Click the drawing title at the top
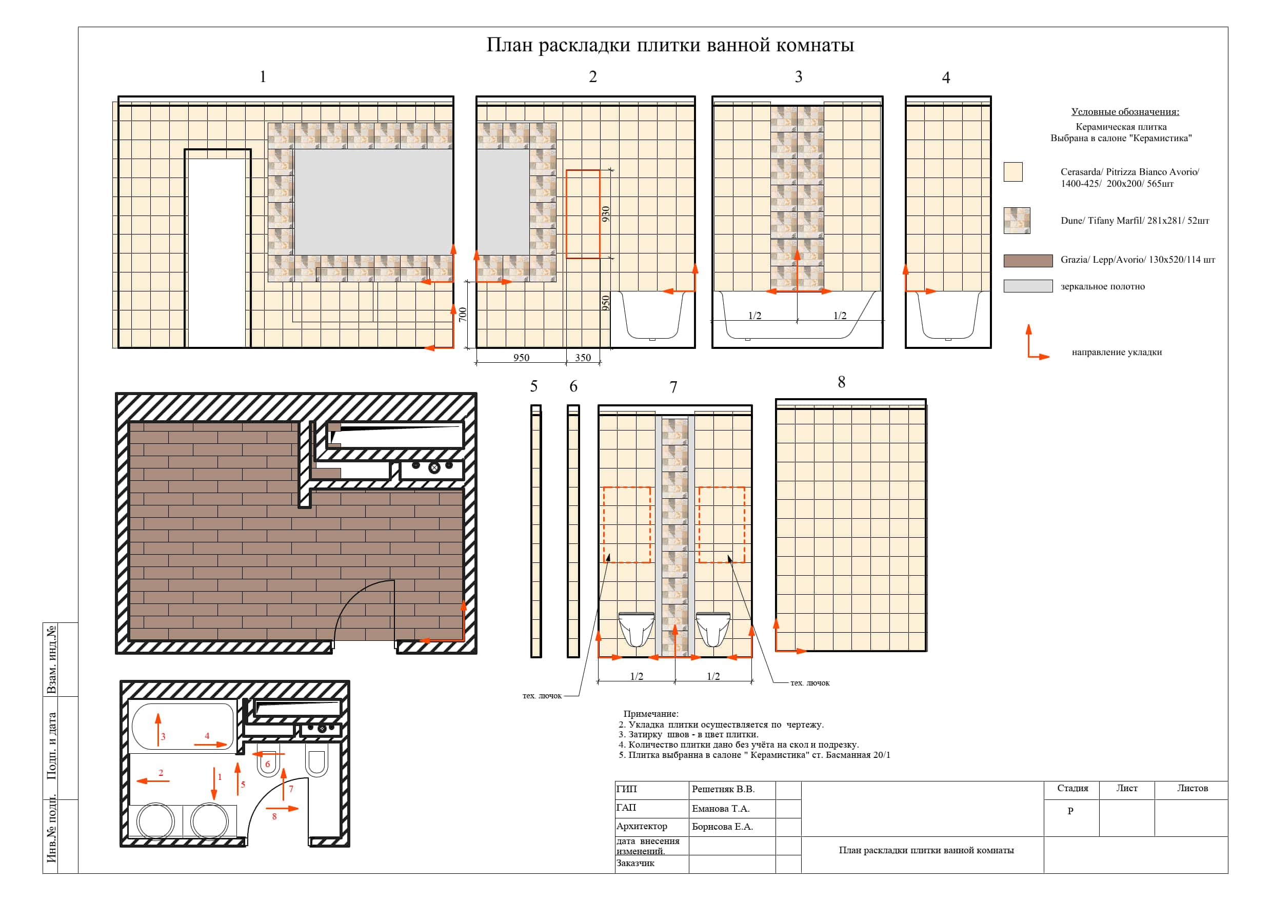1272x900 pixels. pyautogui.click(x=670, y=45)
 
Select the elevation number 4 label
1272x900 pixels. pyautogui.click(x=946, y=77)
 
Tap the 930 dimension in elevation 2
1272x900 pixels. pyautogui.click(x=606, y=214)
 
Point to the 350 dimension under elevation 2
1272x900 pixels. pyautogui.click(x=583, y=358)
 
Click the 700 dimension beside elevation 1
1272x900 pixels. pyautogui.click(x=463, y=314)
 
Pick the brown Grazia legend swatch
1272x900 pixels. pyautogui.click(x=1028, y=261)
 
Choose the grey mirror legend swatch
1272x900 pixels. pyautogui.click(x=1028, y=286)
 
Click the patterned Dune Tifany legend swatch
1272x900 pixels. pyautogui.click(x=1017, y=221)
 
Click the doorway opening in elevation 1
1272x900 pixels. pyautogui.click(x=217, y=249)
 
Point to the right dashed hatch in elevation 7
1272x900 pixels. pyautogui.click(x=721, y=525)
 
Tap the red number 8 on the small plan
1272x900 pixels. pyautogui.click(x=274, y=816)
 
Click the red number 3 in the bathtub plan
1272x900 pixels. pyautogui.click(x=163, y=736)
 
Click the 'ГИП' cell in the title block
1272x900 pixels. pyautogui.click(x=627, y=789)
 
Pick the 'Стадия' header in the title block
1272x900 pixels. pyautogui.click(x=1072, y=788)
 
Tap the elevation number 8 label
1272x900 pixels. pyautogui.click(x=841, y=382)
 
